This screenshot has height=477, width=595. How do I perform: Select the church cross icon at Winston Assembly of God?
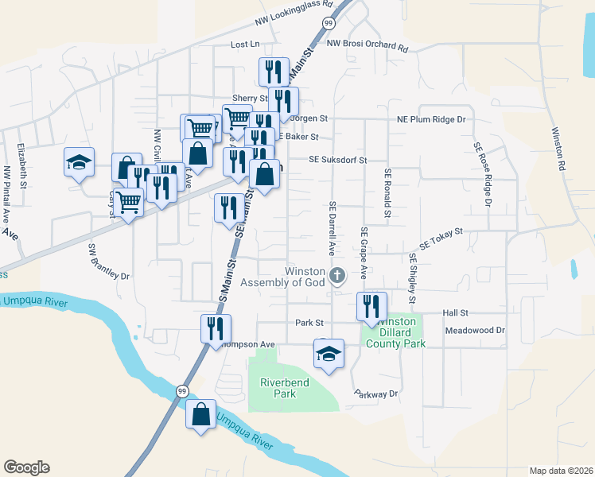point(337,277)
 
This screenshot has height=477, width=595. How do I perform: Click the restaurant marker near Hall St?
point(371,305)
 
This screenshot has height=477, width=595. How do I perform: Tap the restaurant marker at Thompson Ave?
point(215,328)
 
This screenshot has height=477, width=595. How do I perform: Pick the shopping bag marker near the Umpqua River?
point(200,414)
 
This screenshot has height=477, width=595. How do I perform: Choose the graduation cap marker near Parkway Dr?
point(329,352)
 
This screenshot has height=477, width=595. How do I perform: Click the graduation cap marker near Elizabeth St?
point(80,162)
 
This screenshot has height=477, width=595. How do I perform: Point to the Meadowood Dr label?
point(475,330)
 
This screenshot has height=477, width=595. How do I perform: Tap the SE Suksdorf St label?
point(338,159)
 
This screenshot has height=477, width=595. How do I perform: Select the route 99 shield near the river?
point(182,391)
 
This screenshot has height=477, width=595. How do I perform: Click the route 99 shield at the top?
point(329,25)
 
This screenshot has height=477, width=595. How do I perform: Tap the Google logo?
point(26,467)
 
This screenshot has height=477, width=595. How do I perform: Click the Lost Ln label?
point(245,45)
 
